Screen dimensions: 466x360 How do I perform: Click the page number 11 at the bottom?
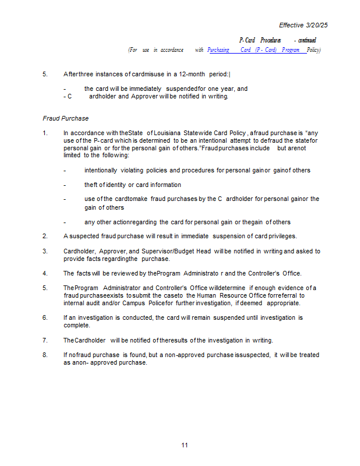click(184, 445)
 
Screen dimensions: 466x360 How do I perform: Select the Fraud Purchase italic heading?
click(65, 118)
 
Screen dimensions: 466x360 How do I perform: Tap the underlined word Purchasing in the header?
click(218, 50)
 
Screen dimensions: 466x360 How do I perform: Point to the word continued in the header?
click(306, 40)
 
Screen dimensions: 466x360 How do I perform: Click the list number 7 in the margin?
click(45, 340)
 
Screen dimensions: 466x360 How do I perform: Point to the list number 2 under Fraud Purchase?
click(45, 236)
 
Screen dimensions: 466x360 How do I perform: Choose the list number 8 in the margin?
click(45, 355)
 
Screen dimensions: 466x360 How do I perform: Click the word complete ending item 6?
click(77, 325)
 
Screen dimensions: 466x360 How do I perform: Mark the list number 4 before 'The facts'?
click(45, 273)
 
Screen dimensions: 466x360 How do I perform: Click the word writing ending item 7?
click(260, 340)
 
